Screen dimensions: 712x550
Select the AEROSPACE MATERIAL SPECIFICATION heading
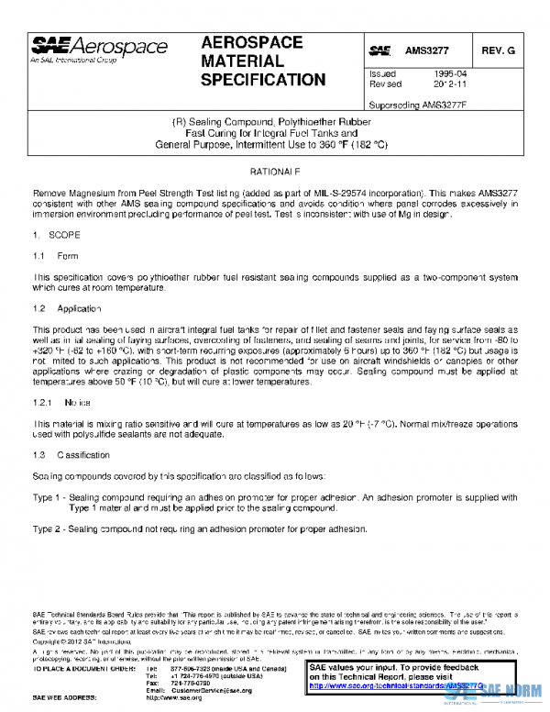263,61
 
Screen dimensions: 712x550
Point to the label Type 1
46,497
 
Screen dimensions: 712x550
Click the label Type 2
46,529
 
